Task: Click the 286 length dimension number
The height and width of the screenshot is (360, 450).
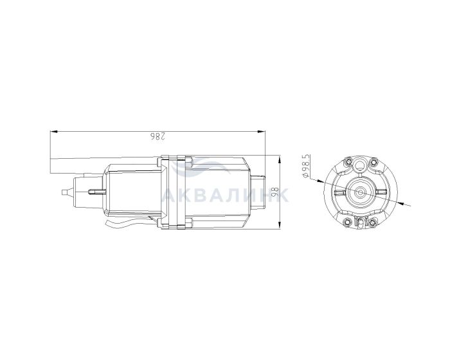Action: (158, 137)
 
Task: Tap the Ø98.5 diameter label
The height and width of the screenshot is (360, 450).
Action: (306, 166)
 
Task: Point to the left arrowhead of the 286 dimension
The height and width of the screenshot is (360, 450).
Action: (53, 132)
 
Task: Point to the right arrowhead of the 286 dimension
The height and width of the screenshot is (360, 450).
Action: (261, 132)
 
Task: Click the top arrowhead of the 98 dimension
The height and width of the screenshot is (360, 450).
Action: (279, 159)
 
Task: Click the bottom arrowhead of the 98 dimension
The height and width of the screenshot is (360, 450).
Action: (279, 226)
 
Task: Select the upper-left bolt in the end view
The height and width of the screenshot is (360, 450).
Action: (348, 162)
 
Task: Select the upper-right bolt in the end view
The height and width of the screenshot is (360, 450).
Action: (373, 162)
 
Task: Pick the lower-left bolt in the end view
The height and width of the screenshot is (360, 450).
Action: (348, 222)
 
